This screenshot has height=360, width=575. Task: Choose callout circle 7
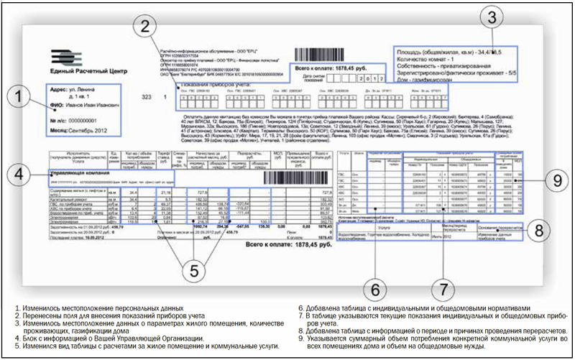[445, 287]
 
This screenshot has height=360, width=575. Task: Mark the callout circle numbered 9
[550, 182]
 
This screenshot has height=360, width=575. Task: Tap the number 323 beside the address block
[149, 95]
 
